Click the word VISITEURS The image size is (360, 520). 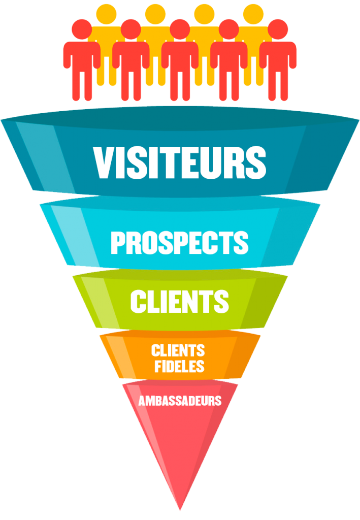(x=180, y=162)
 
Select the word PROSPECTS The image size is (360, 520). (x=180, y=242)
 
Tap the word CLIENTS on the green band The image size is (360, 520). (x=180, y=301)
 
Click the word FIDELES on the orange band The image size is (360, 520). (x=179, y=366)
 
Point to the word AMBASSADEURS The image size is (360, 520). (x=180, y=401)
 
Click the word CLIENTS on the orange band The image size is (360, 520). (x=178, y=351)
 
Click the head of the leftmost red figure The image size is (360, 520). (x=82, y=29)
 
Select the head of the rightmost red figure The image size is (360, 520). (x=278, y=29)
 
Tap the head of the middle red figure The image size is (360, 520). (x=180, y=29)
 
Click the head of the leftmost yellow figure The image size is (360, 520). (x=107, y=14)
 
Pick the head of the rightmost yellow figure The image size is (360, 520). (x=253, y=14)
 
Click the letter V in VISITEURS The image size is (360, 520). (x=104, y=162)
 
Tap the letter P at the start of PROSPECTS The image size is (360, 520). (x=118, y=242)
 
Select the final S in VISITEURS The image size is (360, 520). (x=255, y=162)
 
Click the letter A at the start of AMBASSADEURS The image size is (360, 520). (x=142, y=401)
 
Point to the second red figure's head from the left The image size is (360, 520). (x=131, y=29)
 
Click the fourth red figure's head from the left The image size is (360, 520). (x=228, y=29)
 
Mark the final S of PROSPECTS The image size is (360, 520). (x=241, y=242)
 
